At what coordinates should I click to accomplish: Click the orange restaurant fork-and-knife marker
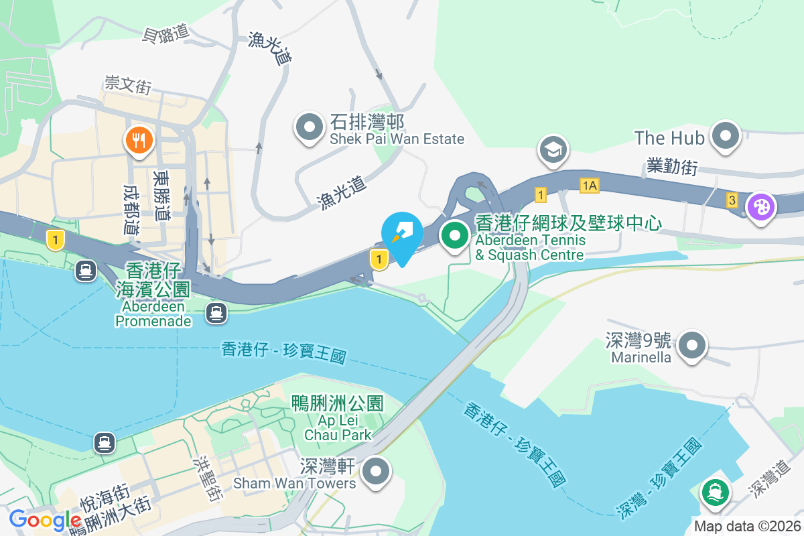[x=139, y=141]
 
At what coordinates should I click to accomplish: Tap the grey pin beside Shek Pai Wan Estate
[x=309, y=127]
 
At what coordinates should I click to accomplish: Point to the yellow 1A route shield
[x=590, y=186]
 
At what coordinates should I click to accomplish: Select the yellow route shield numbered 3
[x=732, y=200]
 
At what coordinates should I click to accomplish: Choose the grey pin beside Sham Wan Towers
[x=376, y=471]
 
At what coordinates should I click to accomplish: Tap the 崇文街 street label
[x=127, y=85]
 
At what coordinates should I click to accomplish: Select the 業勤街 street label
[x=673, y=166]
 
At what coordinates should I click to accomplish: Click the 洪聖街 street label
[x=206, y=479]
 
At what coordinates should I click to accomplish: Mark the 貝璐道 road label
[x=166, y=35]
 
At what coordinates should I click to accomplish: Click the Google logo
[x=45, y=520]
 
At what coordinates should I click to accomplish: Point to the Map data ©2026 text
[x=747, y=526]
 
